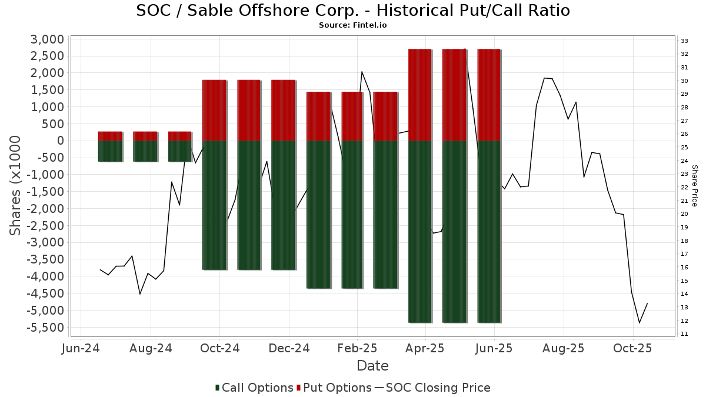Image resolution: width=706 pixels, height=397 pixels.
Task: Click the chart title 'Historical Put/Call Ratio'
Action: (353, 11)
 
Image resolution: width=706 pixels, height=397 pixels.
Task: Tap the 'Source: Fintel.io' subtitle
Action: (353, 25)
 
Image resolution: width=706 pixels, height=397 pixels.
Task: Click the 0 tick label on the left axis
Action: (59, 141)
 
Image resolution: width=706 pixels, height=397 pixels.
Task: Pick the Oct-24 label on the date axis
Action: (219, 348)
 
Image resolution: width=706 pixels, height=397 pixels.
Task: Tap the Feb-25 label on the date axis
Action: (357, 348)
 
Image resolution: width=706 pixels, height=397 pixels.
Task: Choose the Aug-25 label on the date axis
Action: (563, 348)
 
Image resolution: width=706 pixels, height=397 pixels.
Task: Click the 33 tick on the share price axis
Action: (684, 41)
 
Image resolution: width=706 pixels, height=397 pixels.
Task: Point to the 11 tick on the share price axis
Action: (684, 334)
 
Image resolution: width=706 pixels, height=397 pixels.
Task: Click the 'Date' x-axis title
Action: (372, 366)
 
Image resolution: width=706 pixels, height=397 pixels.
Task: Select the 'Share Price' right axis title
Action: (694, 185)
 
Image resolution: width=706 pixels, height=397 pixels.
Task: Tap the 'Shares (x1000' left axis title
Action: (16, 185)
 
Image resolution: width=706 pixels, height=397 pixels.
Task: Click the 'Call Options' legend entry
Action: (254, 388)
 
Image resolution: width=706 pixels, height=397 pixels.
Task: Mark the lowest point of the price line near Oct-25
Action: (640, 322)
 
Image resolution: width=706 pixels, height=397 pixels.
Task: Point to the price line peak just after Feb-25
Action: (362, 72)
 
